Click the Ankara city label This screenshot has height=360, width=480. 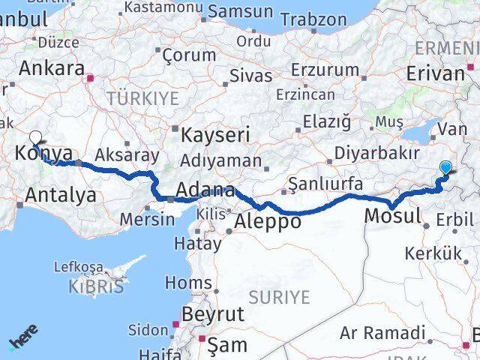point(51,69)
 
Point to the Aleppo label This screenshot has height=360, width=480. point(268,221)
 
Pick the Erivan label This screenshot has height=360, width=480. point(435,73)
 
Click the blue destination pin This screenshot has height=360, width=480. point(447,169)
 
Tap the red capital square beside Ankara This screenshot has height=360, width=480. point(91,76)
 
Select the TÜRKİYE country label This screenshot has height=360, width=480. point(142,98)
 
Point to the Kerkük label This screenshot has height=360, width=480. point(433,253)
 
